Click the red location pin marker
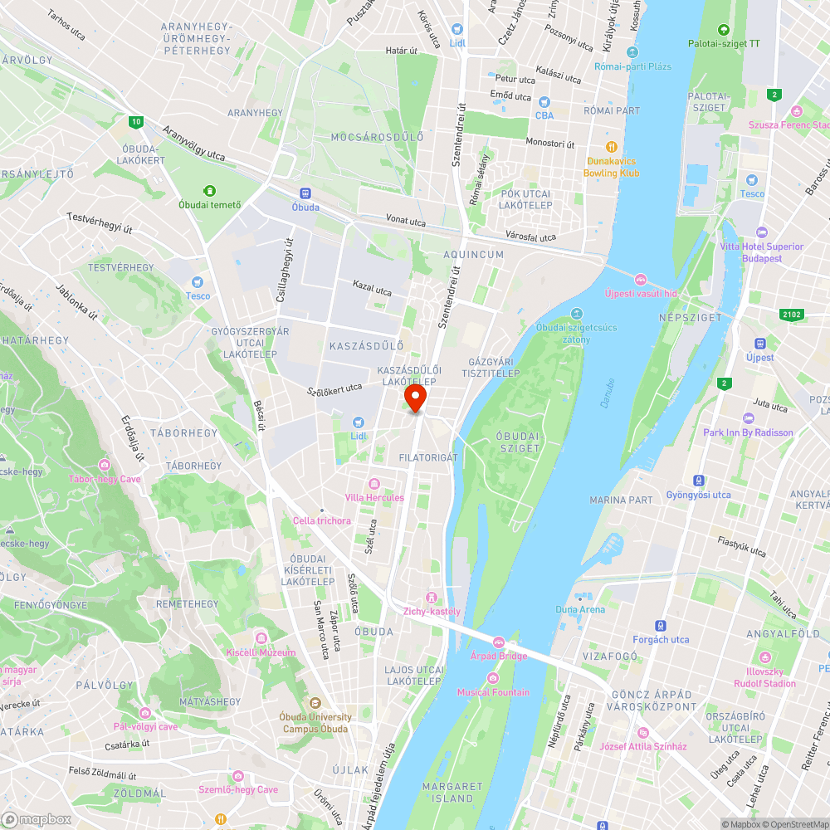pyautogui.click(x=415, y=397)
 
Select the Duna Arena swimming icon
pyautogui.click(x=580, y=596)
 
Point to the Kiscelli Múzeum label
pyautogui.click(x=261, y=652)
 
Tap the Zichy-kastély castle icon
pyautogui.click(x=431, y=598)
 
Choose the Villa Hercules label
pyautogui.click(x=374, y=497)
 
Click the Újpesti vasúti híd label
pyautogui.click(x=641, y=294)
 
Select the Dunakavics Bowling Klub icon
pyautogui.click(x=612, y=146)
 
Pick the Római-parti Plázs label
pyautogui.click(x=637, y=66)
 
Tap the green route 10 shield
pyautogui.click(x=135, y=122)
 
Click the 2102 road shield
pyautogui.click(x=793, y=314)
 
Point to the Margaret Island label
pyautogui.click(x=452, y=792)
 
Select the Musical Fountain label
pyautogui.click(x=493, y=692)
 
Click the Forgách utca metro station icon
pyautogui.click(x=661, y=626)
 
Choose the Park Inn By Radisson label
pyautogui.click(x=748, y=432)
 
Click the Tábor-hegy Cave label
pyautogui.click(x=105, y=479)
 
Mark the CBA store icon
pyautogui.click(x=544, y=102)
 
